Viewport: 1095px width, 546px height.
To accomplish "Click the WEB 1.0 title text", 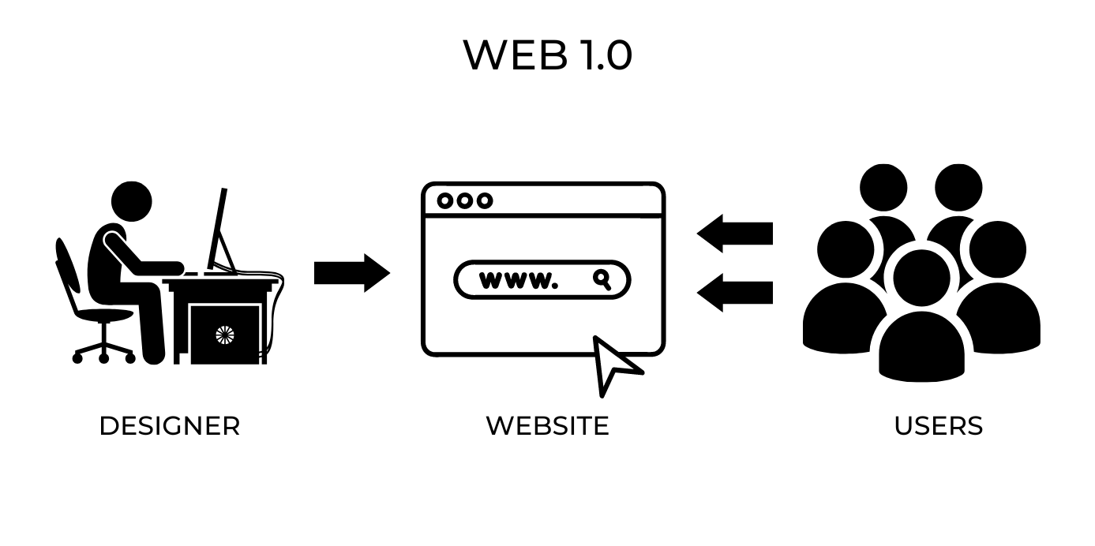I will (x=547, y=55).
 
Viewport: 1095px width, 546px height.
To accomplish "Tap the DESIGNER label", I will (x=169, y=426).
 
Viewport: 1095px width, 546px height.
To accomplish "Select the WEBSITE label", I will (x=547, y=426).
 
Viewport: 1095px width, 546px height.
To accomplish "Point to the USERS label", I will (x=938, y=426).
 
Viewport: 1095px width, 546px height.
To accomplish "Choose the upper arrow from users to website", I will (x=734, y=234).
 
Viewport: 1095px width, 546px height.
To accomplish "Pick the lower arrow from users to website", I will (x=734, y=292).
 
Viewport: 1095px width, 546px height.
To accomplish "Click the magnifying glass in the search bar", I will (x=602, y=279).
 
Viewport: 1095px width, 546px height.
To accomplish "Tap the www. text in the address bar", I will (x=518, y=280).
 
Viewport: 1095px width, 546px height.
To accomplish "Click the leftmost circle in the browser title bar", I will (x=445, y=200).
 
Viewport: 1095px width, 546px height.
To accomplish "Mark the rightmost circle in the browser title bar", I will (x=484, y=200).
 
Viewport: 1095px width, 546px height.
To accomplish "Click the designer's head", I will (x=131, y=202).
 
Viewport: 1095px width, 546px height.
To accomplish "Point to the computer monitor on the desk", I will (x=219, y=229).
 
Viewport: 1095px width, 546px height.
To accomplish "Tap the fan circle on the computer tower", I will (x=225, y=335).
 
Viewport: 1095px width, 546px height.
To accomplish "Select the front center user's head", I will (x=921, y=276).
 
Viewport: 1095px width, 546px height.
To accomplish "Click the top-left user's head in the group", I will (x=883, y=188).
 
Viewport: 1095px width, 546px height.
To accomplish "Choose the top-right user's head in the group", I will (x=958, y=188).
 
